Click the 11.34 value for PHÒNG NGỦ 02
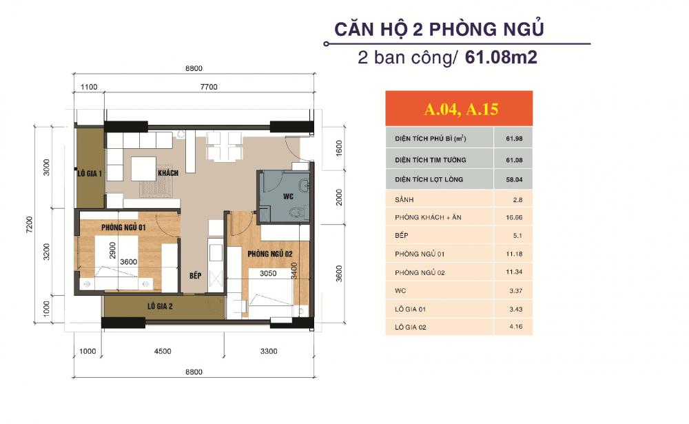[x=513, y=272]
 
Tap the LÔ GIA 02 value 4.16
[x=513, y=327]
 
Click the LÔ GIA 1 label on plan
[x=90, y=174]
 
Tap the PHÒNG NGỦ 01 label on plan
[x=122, y=227]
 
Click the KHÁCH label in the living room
[x=167, y=173]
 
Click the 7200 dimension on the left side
[x=28, y=224]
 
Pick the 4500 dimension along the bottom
[x=163, y=351]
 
